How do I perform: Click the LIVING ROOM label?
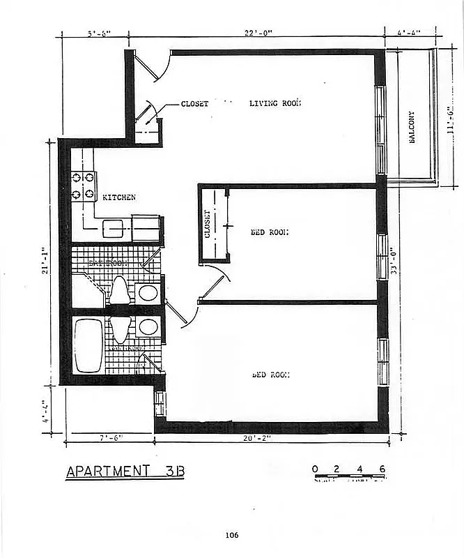point(274,104)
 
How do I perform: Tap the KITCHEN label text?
point(119,198)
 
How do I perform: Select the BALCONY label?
point(412,128)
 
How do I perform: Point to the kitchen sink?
point(114,228)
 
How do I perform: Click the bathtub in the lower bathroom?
point(88,345)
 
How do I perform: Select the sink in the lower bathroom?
point(148,326)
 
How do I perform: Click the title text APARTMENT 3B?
point(125,472)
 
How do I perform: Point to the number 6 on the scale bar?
point(382,468)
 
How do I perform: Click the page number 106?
point(232,535)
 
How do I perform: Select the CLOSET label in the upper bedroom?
point(207,224)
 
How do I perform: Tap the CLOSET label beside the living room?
point(194,104)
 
